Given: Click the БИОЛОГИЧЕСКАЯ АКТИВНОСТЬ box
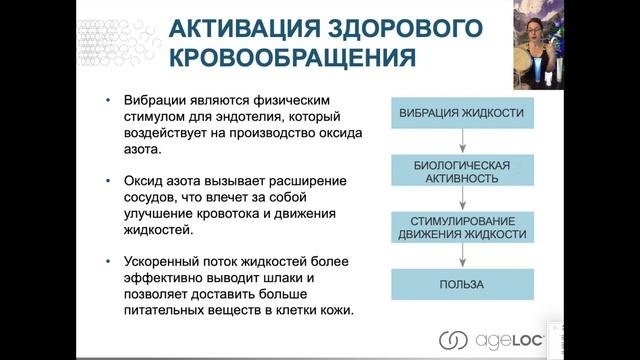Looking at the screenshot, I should tap(462, 170).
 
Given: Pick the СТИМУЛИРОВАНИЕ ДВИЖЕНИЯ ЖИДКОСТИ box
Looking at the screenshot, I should tap(462, 227).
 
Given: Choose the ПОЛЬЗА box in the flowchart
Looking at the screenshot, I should tap(462, 284).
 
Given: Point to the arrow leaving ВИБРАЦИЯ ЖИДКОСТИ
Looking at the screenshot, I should tap(462, 140).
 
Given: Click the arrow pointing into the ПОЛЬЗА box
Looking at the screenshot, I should tap(462, 256).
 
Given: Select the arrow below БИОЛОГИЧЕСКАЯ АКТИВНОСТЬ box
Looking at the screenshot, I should tap(462, 198).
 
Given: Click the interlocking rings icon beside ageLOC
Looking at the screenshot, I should tap(453, 339).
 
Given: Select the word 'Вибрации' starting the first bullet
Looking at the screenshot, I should tap(150, 101).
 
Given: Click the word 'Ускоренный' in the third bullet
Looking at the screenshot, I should tap(158, 261).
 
